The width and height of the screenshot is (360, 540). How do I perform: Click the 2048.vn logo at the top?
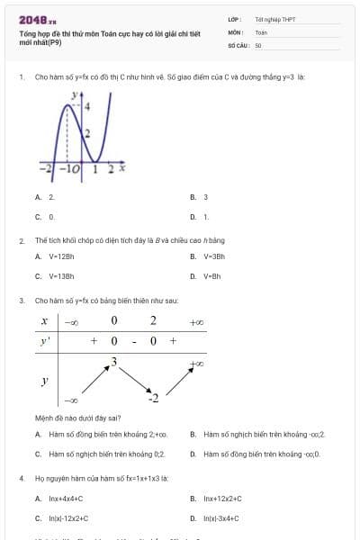coord(37,19)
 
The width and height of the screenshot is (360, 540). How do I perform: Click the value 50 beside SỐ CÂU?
coord(258,44)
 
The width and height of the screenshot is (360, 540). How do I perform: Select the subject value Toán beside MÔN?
coord(261,31)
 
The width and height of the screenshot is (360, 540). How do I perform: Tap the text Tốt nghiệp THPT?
coord(274,18)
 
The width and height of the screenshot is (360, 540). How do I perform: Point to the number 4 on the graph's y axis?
coord(87,106)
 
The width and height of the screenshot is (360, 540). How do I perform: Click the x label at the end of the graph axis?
coord(121,167)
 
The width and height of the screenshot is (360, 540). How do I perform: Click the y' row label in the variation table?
coord(44,341)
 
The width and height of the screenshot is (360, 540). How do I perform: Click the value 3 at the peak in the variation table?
coord(113,362)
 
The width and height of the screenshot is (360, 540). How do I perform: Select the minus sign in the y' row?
coord(133,341)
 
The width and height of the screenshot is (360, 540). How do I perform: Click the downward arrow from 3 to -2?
coord(133,379)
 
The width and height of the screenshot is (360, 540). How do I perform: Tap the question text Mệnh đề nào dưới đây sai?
coord(77,418)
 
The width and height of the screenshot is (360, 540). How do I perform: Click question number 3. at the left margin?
coord(22,300)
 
